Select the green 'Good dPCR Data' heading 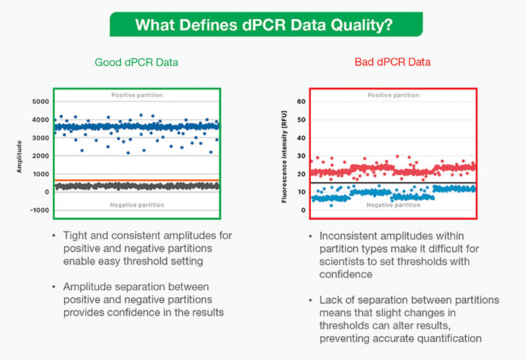tap(137, 62)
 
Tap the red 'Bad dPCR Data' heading tap(393, 62)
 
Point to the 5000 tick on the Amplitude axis tap(39, 102)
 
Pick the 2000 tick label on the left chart tap(39, 156)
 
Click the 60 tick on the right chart tap(300, 102)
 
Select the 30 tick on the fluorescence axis tap(300, 156)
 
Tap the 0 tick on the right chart tap(302, 210)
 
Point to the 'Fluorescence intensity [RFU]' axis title tap(284, 156)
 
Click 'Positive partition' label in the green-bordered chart tap(137, 95)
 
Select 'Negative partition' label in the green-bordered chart tap(137, 205)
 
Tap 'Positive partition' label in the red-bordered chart tap(393, 95)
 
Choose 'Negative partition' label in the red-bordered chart tap(393, 205)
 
